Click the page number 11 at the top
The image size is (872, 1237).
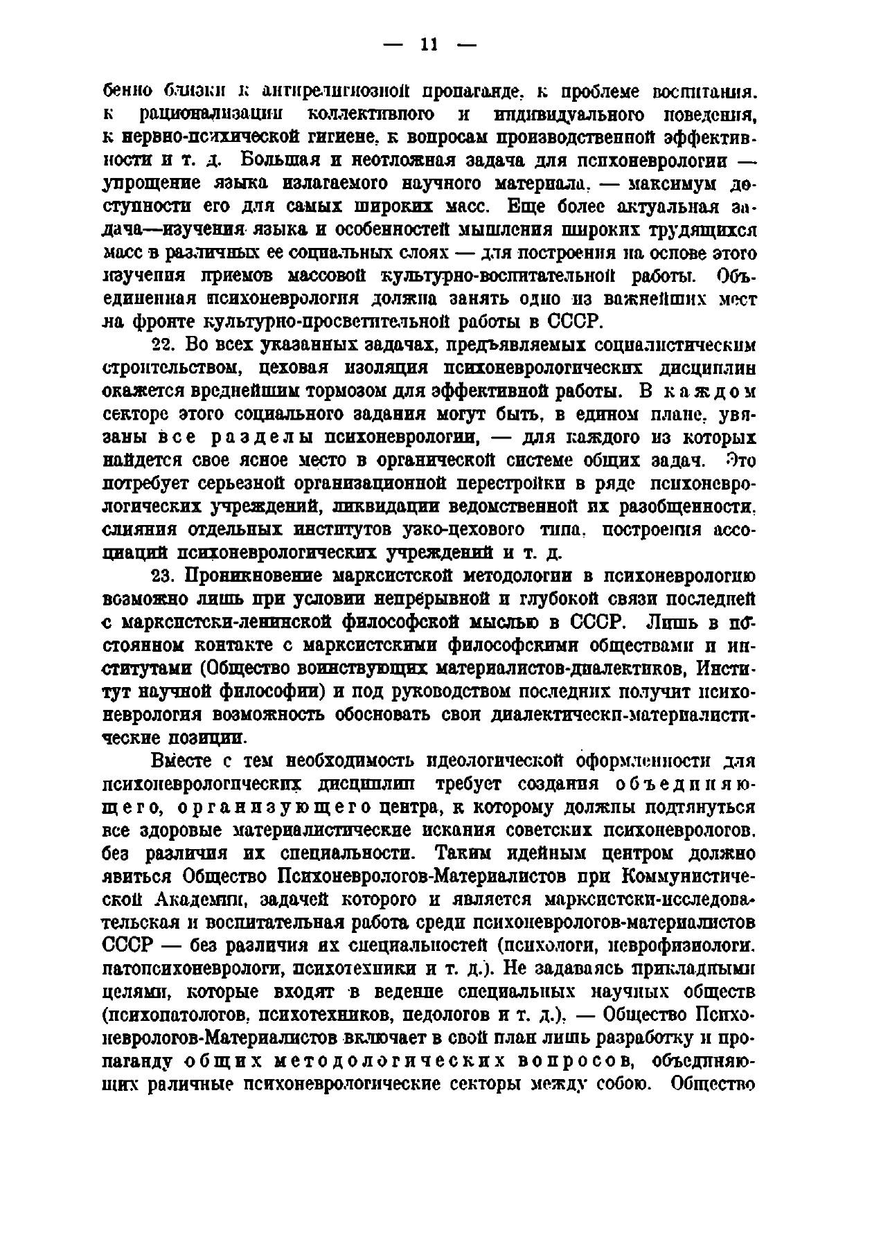coord(429,45)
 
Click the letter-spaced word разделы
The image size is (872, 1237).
coord(260,437)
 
